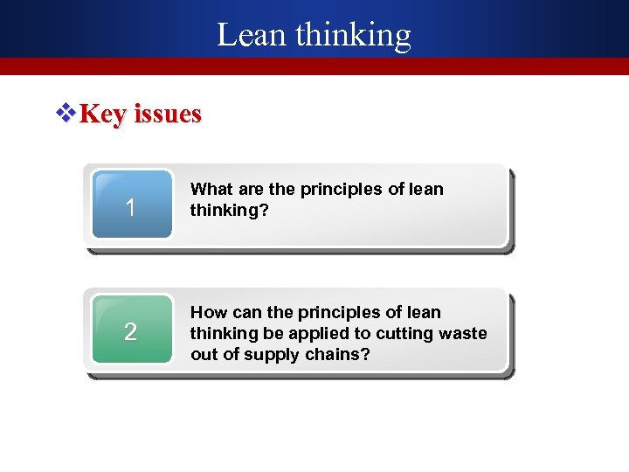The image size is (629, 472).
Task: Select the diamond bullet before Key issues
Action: click(66, 114)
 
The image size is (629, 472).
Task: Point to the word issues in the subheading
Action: click(167, 114)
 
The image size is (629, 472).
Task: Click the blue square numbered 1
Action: click(130, 206)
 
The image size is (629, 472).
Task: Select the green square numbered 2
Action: click(130, 330)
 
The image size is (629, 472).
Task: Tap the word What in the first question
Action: click(211, 189)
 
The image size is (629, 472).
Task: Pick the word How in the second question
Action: click(208, 312)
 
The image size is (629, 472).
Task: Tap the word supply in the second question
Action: click(267, 354)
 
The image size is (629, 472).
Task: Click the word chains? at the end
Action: click(341, 354)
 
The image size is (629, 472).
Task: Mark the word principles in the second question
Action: click(340, 312)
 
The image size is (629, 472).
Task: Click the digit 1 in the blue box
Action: click(130, 208)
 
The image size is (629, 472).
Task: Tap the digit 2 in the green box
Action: click(130, 332)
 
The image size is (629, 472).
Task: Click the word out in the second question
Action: click(203, 354)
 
